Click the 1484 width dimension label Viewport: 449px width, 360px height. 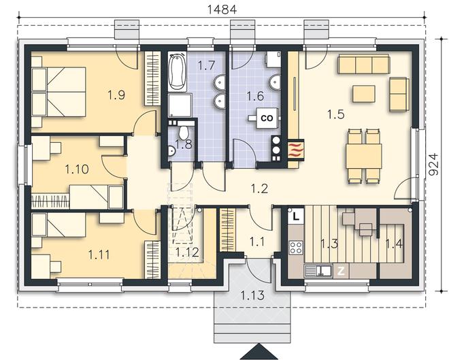pos(222,10)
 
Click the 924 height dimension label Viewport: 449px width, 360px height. pos(435,164)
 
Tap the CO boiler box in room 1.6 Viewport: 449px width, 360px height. pos(267,118)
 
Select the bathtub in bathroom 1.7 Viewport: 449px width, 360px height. pos(177,71)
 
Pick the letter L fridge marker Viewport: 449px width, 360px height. pos(296,216)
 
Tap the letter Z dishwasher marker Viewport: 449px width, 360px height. pos(341,272)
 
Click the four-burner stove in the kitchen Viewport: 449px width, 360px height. pos(296,248)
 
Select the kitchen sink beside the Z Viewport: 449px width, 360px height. pos(318,272)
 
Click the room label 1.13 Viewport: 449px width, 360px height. pos(252,295)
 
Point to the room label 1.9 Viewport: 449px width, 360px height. pos(116,95)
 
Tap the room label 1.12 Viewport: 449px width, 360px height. pos(187,252)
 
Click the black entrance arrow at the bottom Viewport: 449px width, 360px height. pos(259,352)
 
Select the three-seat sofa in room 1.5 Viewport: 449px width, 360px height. pos(364,64)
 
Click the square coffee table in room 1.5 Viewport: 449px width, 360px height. pos(364,94)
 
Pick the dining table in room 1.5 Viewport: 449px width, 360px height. pos(364,157)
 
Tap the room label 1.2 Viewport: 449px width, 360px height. pos(259,189)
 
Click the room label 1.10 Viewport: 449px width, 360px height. pos(77,169)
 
